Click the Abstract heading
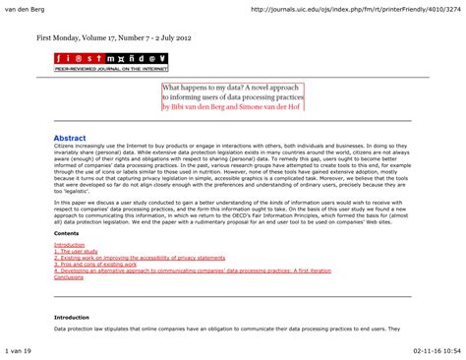72,141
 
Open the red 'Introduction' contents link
70,245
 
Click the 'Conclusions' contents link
69,277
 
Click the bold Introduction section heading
71,319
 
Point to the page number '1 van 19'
19,350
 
